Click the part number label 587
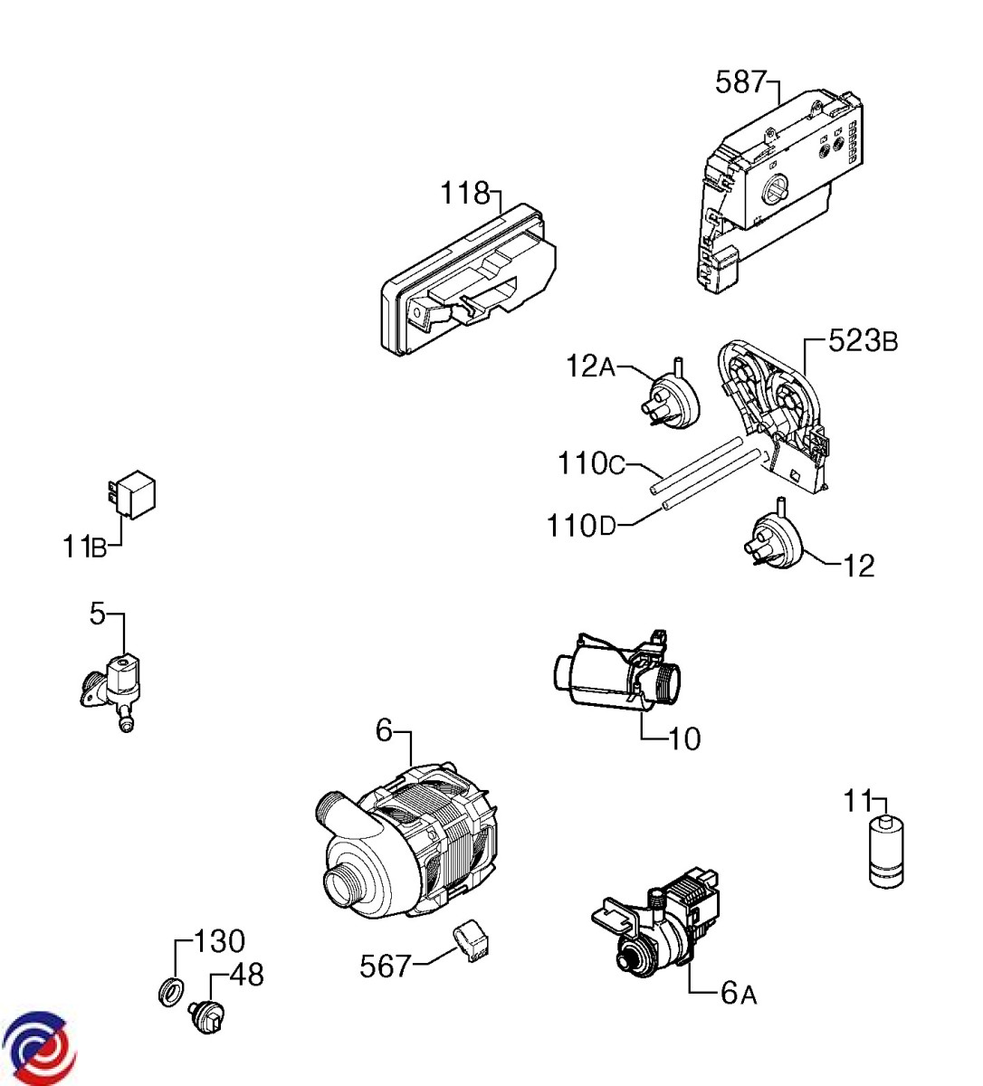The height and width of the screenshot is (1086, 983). tap(741, 83)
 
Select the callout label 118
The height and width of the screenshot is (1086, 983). tap(465, 193)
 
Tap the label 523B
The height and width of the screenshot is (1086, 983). tap(863, 341)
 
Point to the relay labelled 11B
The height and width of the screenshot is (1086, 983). tap(134, 493)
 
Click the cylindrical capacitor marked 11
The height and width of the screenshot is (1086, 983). tap(886, 852)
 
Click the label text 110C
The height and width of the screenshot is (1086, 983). tap(591, 463)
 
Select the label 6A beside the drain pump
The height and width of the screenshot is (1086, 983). tap(738, 994)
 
